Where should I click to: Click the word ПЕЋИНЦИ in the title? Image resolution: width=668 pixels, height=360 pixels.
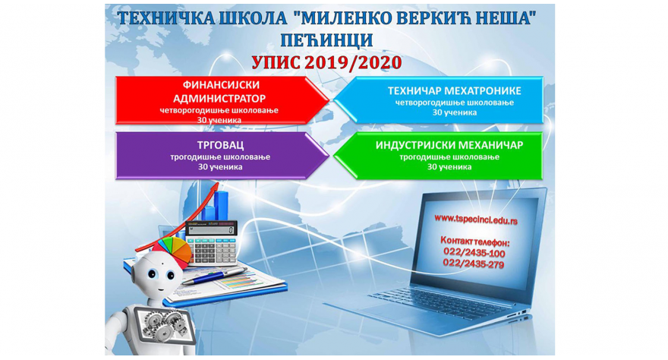coord(326,40)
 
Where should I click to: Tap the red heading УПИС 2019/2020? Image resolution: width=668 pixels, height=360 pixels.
coord(326,62)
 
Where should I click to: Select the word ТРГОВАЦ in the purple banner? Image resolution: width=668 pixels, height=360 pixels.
coord(220,145)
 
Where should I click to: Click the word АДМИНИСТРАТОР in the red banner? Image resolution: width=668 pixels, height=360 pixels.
coord(219,99)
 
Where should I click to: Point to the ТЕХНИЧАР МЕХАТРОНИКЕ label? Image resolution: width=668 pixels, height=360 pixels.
coord(454,90)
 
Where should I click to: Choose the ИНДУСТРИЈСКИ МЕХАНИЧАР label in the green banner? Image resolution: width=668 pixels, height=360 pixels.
coord(449,145)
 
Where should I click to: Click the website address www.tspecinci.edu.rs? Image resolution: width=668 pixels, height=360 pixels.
coord(476,219)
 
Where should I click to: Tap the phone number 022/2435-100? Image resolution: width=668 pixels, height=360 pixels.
coord(474,253)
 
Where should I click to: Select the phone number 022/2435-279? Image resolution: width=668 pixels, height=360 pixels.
coord(474,264)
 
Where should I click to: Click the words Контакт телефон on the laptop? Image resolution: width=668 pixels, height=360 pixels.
coord(474,242)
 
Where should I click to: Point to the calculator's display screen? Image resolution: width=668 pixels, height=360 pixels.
coord(211,230)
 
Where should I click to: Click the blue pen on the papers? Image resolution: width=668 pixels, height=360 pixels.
coord(213,276)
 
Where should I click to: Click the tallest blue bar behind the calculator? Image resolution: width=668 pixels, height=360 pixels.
coord(221,207)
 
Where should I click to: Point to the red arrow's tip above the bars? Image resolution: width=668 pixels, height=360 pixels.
coord(218,184)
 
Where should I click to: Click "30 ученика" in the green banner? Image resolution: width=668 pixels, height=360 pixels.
coord(449,167)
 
